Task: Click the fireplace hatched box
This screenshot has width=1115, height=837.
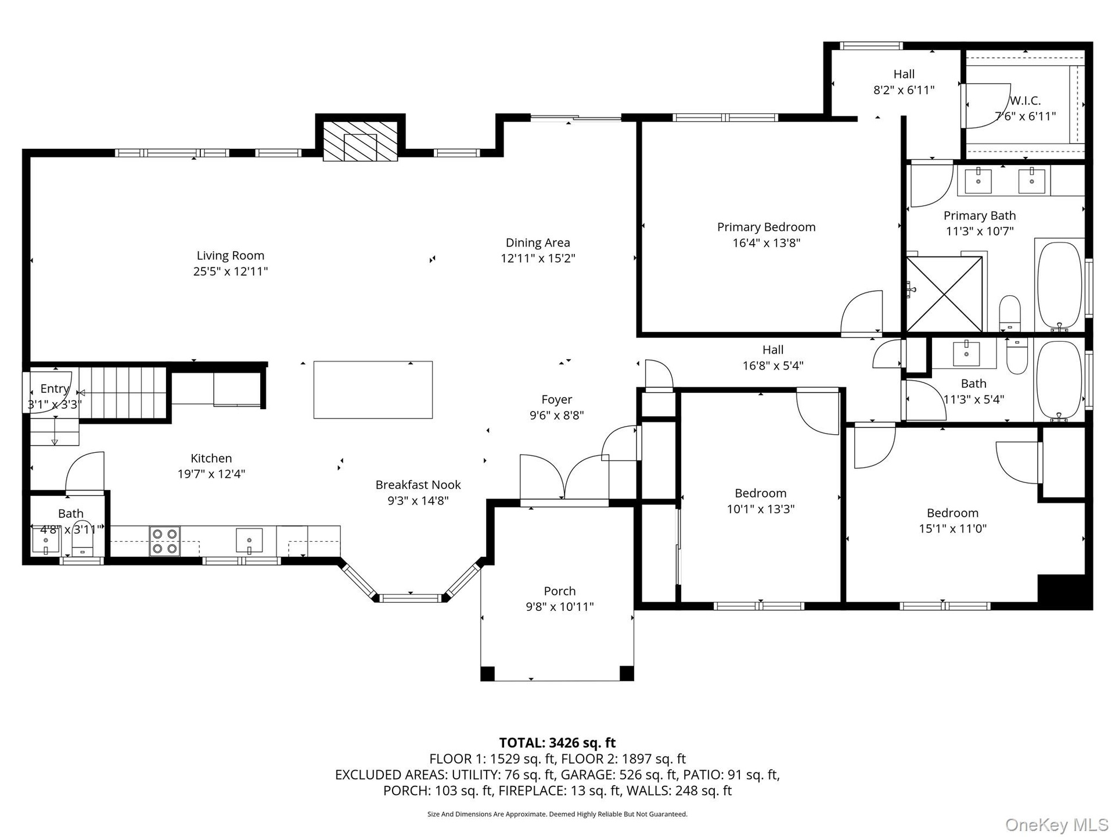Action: click(360, 141)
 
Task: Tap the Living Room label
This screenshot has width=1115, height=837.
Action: click(231, 255)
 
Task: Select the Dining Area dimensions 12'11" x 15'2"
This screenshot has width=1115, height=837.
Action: click(538, 258)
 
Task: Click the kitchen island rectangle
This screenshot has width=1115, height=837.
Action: click(373, 389)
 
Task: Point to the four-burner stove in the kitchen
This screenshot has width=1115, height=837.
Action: click(165, 541)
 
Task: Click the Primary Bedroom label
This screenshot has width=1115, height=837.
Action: click(766, 227)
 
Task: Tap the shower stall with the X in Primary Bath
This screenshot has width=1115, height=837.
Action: click(944, 294)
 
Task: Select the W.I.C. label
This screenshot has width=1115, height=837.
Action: click(1025, 101)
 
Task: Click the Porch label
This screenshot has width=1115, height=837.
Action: click(560, 591)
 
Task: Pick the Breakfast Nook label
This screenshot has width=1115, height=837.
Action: click(418, 485)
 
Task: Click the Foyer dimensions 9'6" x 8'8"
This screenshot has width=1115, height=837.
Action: click(556, 415)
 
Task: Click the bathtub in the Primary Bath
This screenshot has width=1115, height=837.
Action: click(1060, 286)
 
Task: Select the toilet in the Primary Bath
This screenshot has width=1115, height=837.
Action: click(1010, 312)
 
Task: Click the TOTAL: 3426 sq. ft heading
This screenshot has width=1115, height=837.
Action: click(557, 743)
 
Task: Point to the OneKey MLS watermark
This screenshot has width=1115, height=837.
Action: click(1057, 824)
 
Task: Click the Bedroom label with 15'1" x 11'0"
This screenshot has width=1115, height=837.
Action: click(952, 513)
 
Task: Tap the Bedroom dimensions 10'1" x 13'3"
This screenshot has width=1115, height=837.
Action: click(761, 509)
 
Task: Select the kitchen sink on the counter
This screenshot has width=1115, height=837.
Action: click(249, 541)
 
